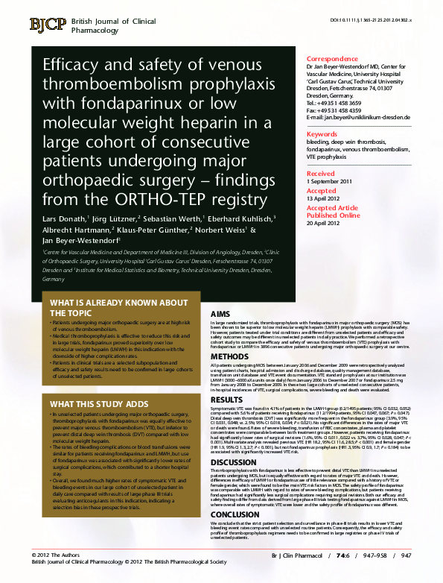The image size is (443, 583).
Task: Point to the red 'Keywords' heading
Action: tap(322, 134)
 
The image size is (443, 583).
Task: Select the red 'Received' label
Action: tap(321, 173)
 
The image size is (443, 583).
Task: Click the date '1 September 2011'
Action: tap(329, 181)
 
